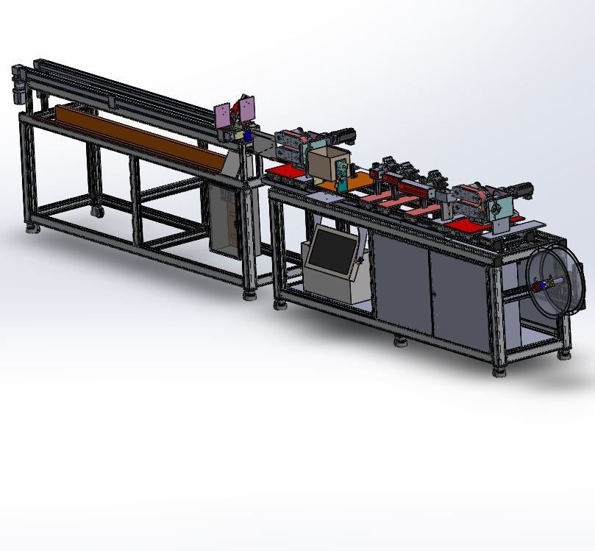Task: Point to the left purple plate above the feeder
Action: (223, 115)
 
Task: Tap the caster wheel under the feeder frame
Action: (96, 213)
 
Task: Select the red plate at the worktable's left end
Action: (284, 171)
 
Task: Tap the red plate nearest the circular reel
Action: (471, 224)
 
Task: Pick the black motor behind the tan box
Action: (344, 135)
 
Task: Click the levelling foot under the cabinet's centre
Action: (400, 341)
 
